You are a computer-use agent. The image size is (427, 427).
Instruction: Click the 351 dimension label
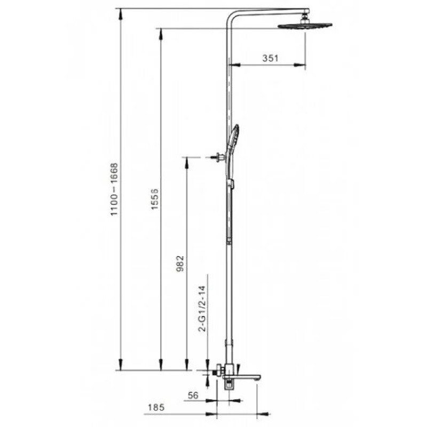pos(270,58)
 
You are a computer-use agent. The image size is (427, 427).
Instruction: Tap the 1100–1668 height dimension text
pos(114,189)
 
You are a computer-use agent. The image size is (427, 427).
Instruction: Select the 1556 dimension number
pos(155,199)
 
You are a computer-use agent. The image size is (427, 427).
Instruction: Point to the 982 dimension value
pos(180,263)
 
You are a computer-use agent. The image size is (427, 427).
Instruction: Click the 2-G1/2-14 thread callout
pos(203,309)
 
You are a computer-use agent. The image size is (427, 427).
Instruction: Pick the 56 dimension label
pos(193,395)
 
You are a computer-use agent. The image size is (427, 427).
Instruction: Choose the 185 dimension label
pos(156,407)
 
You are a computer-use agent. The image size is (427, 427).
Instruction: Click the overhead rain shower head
pos(305,26)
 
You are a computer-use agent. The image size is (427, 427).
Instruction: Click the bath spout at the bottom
pos(242,377)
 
